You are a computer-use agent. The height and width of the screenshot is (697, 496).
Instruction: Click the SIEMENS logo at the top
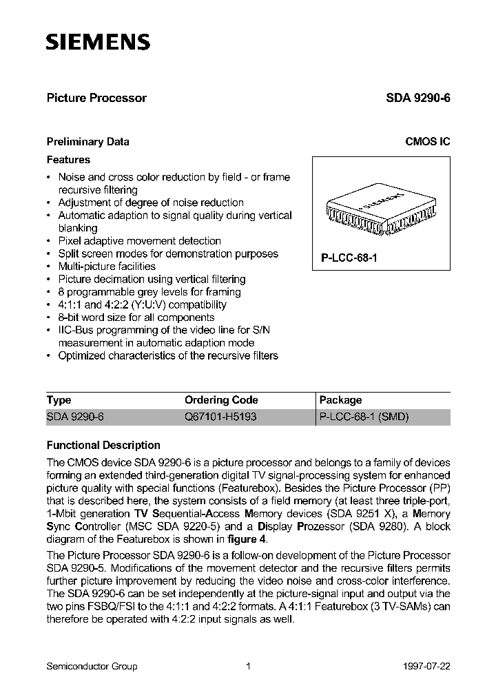(x=98, y=43)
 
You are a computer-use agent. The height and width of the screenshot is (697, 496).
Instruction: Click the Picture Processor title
(x=96, y=98)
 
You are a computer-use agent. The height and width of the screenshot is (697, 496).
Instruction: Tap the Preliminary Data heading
(x=87, y=142)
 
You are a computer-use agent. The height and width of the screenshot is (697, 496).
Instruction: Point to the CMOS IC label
(x=427, y=142)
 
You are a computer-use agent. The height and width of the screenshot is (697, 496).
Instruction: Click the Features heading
(x=68, y=159)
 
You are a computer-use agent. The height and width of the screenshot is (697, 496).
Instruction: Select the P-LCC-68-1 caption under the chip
(x=349, y=256)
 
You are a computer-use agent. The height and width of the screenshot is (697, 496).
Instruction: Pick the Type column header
(x=59, y=400)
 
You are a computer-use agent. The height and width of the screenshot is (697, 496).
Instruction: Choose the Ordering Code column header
(x=221, y=400)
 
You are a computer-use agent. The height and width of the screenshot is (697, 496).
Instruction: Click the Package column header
(x=340, y=400)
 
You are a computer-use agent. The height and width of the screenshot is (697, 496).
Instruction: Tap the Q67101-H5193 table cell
(x=220, y=417)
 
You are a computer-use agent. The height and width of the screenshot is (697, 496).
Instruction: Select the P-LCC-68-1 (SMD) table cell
(x=364, y=417)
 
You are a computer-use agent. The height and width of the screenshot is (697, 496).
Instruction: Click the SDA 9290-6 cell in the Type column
(x=74, y=417)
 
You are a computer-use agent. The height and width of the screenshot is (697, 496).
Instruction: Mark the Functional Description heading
(x=103, y=445)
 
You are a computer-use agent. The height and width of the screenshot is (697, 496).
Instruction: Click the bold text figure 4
(x=247, y=539)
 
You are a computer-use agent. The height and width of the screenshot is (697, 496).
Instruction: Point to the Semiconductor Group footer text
(x=92, y=666)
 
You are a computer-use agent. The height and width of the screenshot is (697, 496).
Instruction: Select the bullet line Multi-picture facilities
(x=107, y=267)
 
